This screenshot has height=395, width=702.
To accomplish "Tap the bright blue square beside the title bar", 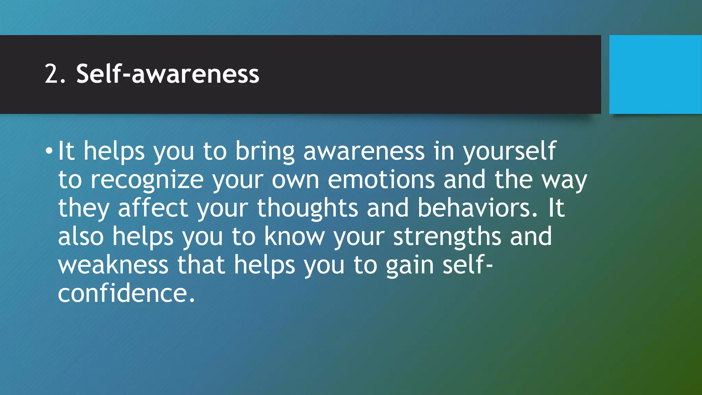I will coord(655,74).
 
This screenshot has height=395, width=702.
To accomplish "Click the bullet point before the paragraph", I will coord(49,151).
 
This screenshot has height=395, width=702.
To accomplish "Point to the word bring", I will coord(265,152).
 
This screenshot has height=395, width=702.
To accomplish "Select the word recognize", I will coord(147,180).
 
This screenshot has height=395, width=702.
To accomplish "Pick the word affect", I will coord(153,208).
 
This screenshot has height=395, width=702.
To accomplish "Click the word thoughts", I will coord(307,208).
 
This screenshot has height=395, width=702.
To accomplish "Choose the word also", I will coord(81,236).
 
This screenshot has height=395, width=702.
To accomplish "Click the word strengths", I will coord(447,237).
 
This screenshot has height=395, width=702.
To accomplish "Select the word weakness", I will coord(113,265).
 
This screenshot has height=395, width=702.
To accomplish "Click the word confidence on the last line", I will coord(126,294).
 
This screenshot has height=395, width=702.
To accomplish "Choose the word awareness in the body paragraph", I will coord(364,152).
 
